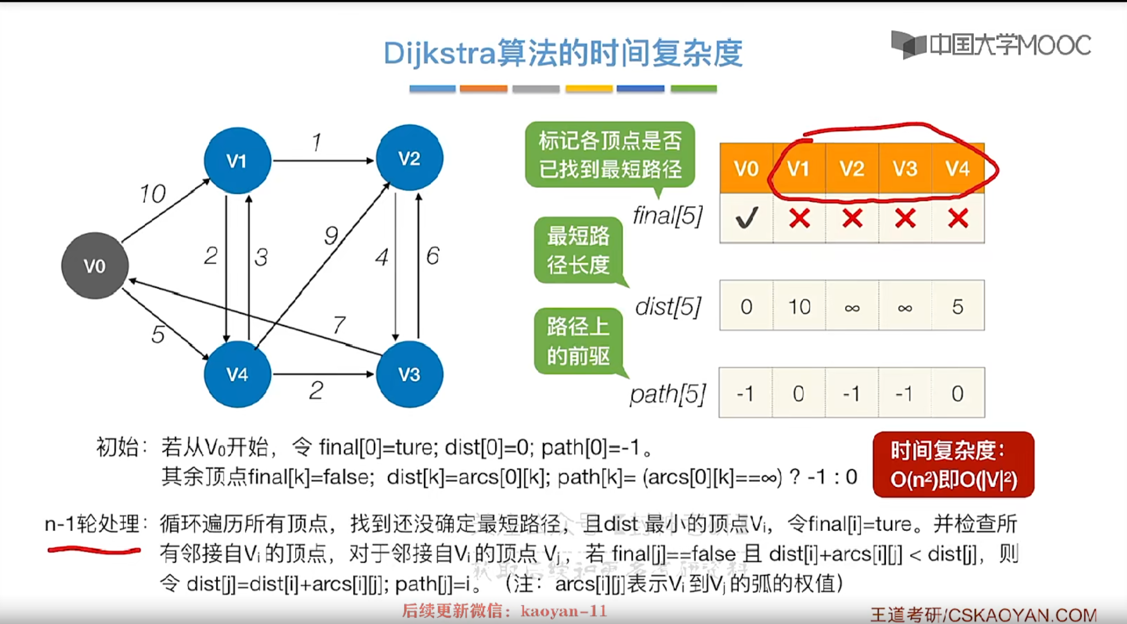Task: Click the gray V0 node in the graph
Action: point(95,266)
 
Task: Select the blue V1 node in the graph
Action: point(237,160)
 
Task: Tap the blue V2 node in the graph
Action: point(409,158)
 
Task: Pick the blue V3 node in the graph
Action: point(409,374)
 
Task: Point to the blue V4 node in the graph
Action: point(237,374)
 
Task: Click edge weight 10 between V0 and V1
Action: point(152,194)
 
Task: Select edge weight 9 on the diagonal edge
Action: point(331,236)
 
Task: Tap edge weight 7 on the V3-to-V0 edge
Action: point(339,325)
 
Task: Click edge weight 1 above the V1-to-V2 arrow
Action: point(316,142)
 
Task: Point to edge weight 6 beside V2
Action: point(433,256)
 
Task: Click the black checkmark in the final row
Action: point(746,218)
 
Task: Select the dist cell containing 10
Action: point(799,306)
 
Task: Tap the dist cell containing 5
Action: point(957,306)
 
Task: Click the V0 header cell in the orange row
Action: point(746,169)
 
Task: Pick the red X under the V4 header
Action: point(958,218)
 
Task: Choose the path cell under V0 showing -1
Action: point(746,393)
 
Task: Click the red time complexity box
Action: point(953,464)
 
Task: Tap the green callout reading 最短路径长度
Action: point(578,251)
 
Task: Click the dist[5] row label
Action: point(668,307)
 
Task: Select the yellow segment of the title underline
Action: point(589,88)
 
